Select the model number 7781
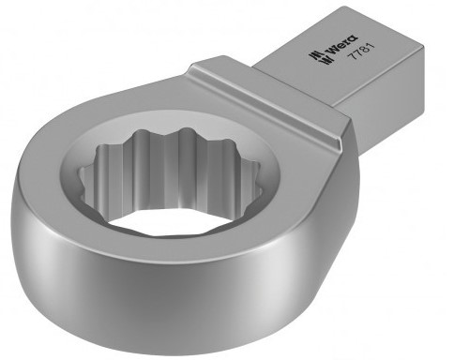point(361,52)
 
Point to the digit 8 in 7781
point(365,50)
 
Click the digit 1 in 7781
point(371,46)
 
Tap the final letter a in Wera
point(354,39)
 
